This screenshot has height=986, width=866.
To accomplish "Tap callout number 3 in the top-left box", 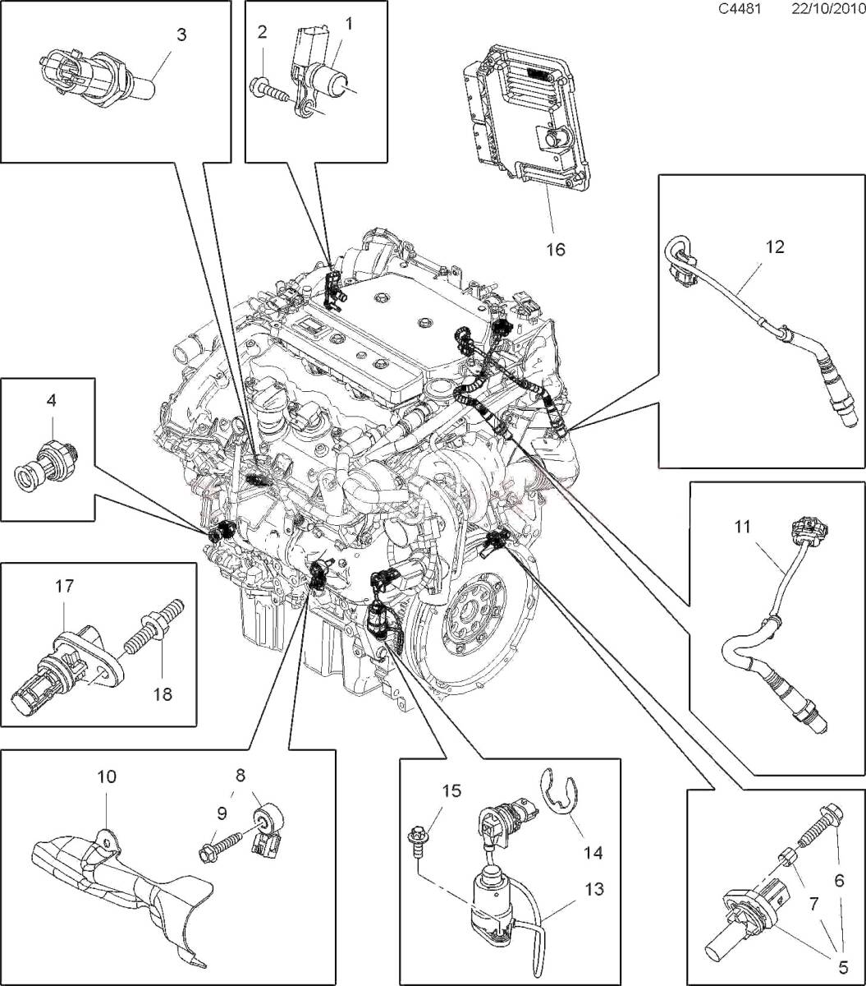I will point(181,35).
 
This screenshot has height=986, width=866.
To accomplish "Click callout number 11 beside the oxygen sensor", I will point(743,528).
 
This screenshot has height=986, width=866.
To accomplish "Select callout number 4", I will point(51,402).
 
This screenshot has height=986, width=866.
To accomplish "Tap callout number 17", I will point(64,586).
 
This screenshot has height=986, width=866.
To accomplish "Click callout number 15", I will point(452,792).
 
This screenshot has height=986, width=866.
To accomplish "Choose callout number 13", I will point(594,888).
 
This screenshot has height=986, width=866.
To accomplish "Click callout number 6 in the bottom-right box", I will point(839,880).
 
